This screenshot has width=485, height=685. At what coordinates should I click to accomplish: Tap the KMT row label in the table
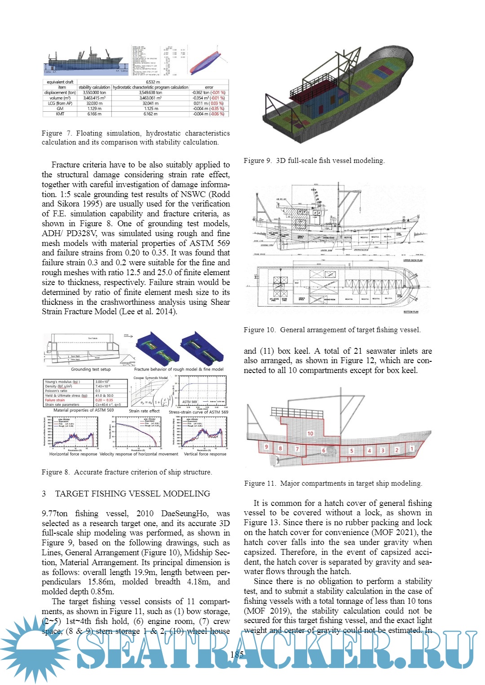(60, 114)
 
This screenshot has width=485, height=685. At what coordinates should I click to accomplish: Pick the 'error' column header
(209, 88)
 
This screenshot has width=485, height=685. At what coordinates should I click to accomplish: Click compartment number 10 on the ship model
(310, 434)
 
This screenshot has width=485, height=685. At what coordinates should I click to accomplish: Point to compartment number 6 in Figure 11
(323, 450)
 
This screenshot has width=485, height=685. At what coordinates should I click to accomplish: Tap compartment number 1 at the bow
(411, 448)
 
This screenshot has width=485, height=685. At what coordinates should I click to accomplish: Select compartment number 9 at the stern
(266, 447)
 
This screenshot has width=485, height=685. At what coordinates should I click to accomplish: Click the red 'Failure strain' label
(55, 400)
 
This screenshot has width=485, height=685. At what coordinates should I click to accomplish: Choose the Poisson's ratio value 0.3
(98, 391)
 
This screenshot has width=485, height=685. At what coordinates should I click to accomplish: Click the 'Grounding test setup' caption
(91, 369)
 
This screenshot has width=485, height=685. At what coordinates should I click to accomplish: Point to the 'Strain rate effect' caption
(144, 411)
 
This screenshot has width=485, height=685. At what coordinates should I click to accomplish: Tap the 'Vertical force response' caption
(205, 454)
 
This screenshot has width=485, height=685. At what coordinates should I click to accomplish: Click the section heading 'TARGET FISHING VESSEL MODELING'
(132, 494)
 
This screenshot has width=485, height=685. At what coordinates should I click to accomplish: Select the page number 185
(237, 654)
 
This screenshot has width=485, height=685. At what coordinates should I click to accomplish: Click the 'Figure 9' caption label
(257, 161)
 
